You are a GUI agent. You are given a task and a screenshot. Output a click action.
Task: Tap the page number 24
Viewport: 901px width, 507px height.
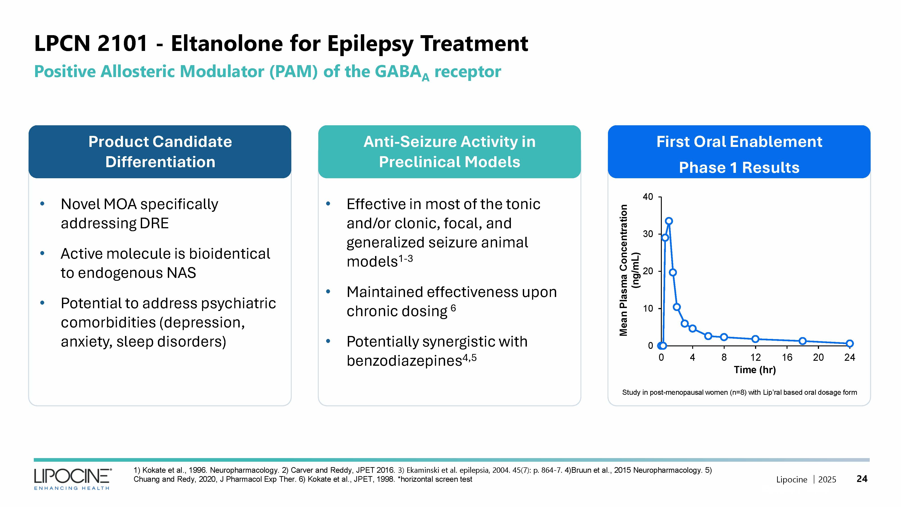tap(862, 479)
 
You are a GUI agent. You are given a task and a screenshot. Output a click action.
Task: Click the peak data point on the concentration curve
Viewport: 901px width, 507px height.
tap(669, 221)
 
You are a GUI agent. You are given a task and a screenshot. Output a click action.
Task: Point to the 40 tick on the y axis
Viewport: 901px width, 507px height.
tap(648, 197)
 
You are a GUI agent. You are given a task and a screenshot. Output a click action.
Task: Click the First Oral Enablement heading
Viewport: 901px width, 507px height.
tap(739, 142)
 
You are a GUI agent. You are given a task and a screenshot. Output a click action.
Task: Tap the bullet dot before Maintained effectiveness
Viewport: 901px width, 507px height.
tap(328, 291)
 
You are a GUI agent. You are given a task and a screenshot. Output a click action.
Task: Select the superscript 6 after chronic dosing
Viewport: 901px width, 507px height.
tap(453, 308)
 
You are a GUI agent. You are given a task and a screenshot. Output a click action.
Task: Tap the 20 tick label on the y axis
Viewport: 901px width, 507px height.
tap(648, 271)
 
